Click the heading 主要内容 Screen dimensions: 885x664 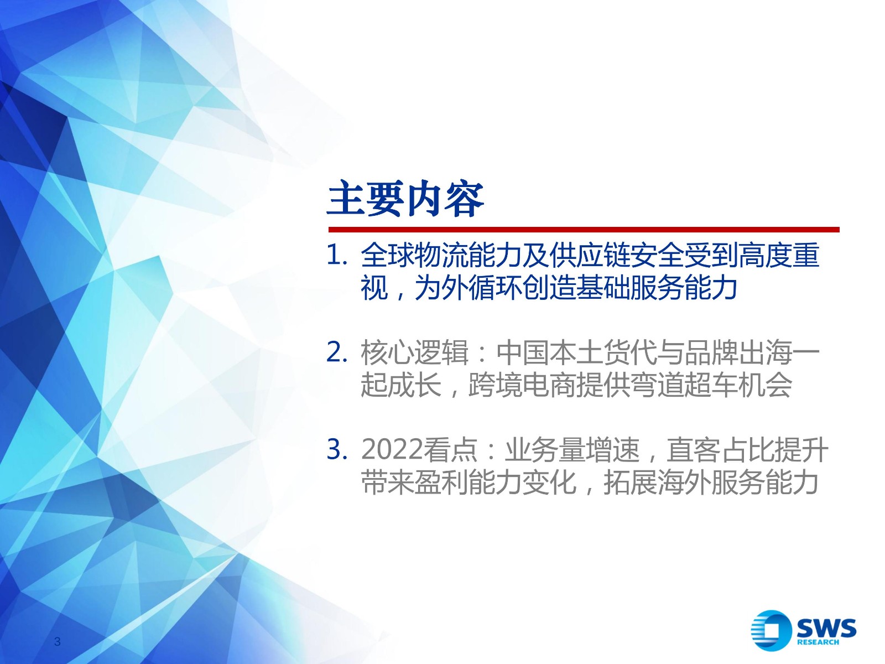pos(405,199)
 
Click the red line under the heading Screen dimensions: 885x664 pos(584,230)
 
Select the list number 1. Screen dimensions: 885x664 pos(336,256)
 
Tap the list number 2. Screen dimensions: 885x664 pos(336,352)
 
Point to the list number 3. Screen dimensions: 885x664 pos(336,449)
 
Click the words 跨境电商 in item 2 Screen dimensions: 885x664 pos(522,385)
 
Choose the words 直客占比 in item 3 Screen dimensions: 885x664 pos(719,449)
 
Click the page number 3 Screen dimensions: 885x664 pos(58,641)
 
